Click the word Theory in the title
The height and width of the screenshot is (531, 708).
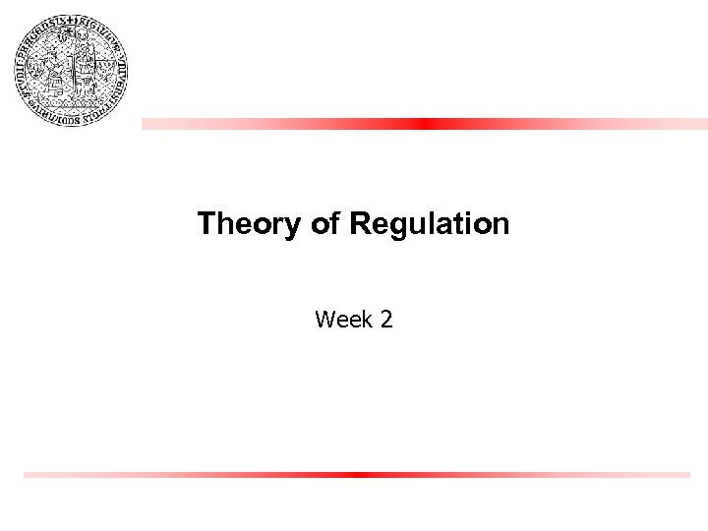(x=251, y=224)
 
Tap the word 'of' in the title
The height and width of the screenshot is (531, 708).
(x=324, y=224)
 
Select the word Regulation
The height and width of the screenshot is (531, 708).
(x=429, y=224)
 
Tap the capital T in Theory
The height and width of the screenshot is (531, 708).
(x=205, y=224)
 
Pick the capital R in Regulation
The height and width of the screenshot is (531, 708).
(x=358, y=224)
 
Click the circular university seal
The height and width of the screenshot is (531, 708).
(x=73, y=72)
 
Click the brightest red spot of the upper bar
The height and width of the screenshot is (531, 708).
(x=423, y=124)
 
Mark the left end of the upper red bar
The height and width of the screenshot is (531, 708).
(x=145, y=124)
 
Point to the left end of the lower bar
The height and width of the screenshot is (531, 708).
(x=27, y=474)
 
